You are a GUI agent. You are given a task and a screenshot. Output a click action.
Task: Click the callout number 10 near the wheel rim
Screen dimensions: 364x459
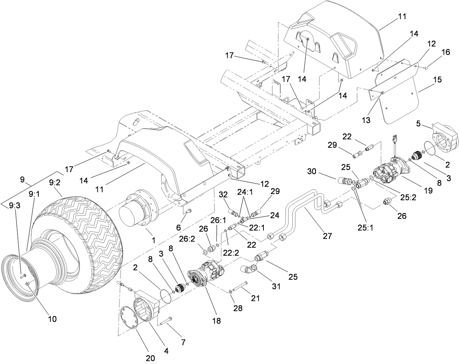[x=52, y=319]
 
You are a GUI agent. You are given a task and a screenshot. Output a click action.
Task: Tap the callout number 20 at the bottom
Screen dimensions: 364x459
[x=150, y=358]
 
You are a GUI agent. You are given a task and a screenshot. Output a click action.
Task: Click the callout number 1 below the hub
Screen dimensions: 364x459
[x=154, y=240]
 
